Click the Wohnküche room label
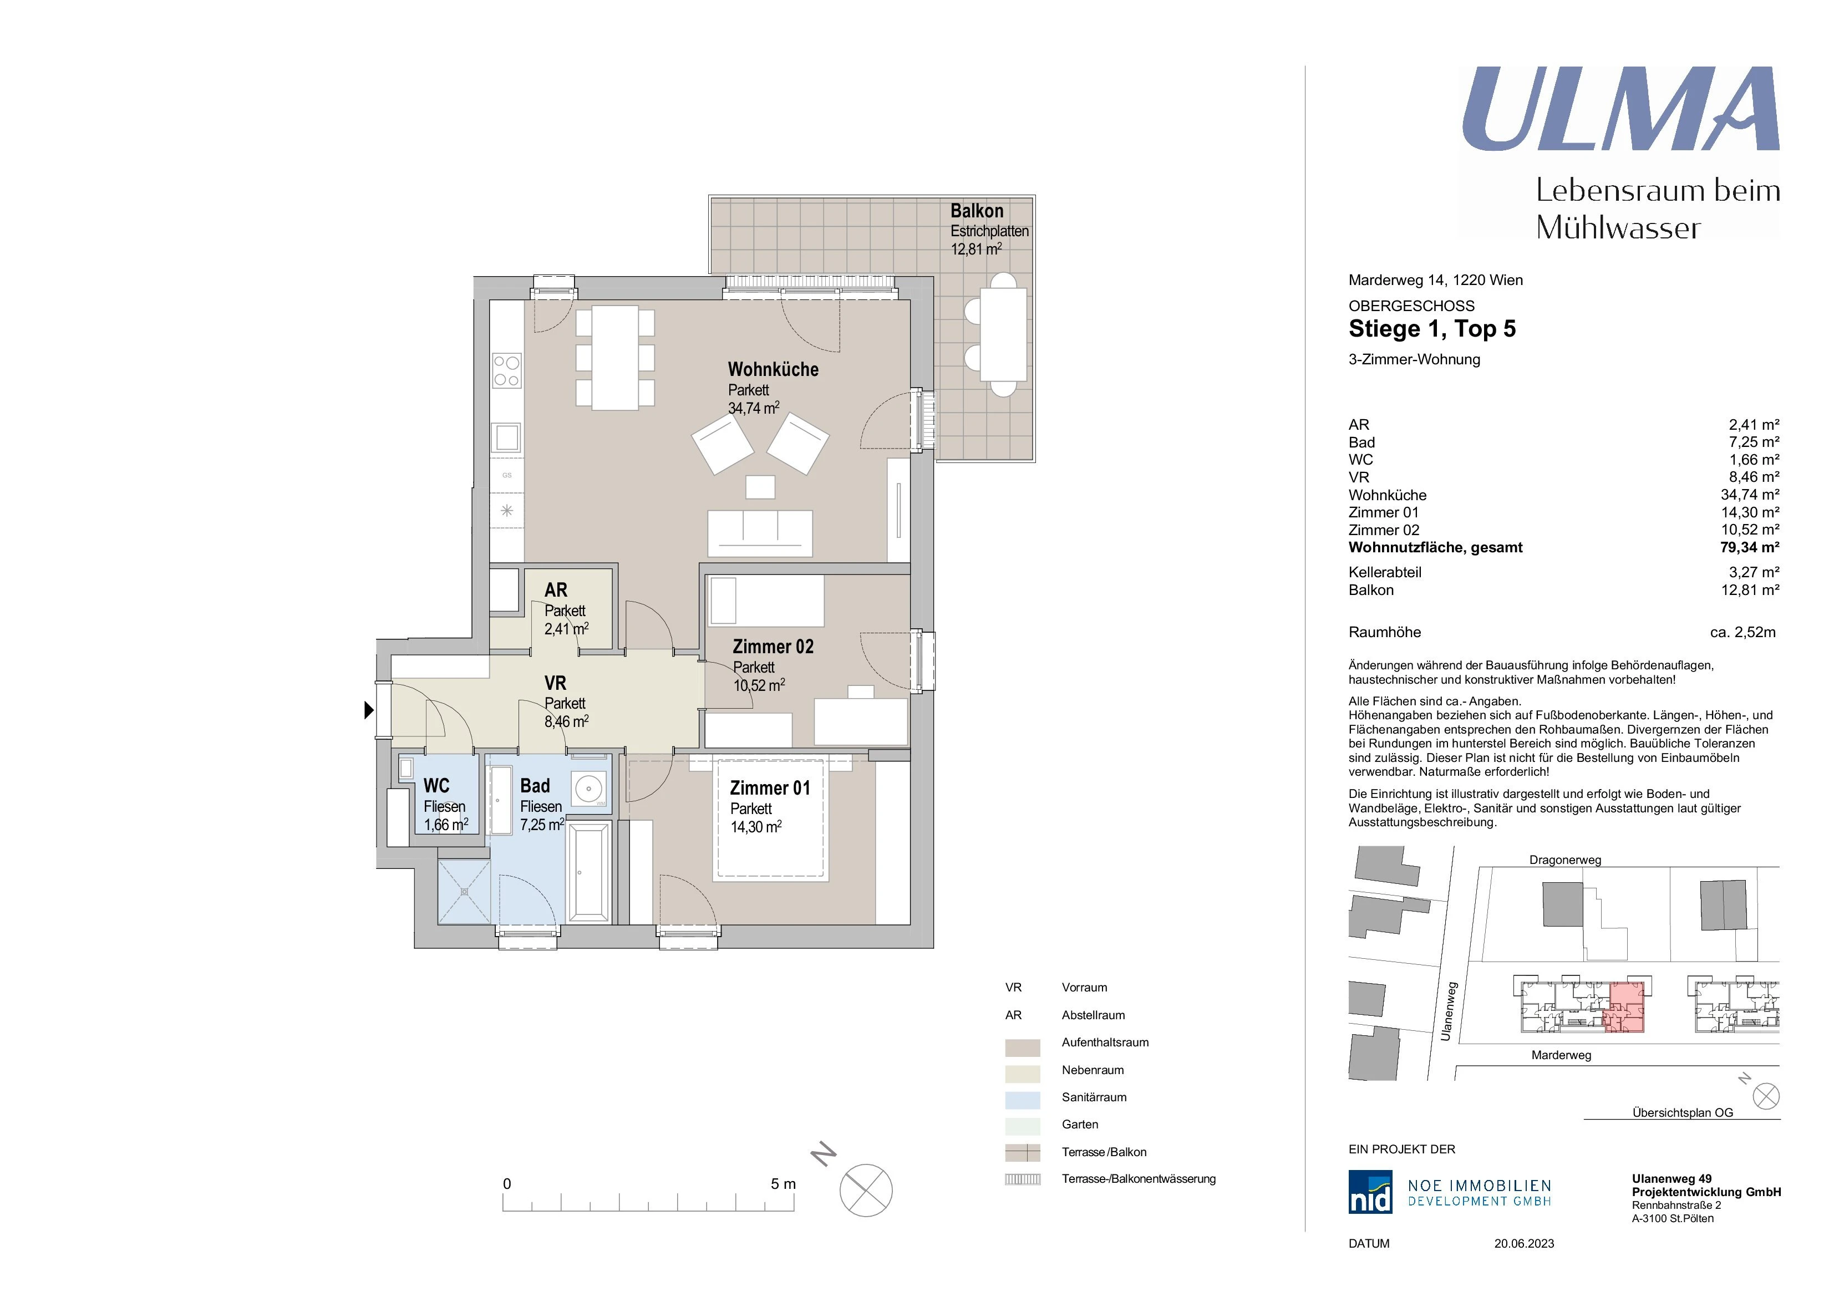tap(773, 370)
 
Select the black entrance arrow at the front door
tap(369, 709)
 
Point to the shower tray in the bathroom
tap(464, 891)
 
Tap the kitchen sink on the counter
tap(506, 437)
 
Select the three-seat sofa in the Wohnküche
tap(760, 533)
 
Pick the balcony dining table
tap(1003, 334)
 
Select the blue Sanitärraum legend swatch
tap(1023, 1100)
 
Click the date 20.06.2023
tap(1524, 1244)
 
